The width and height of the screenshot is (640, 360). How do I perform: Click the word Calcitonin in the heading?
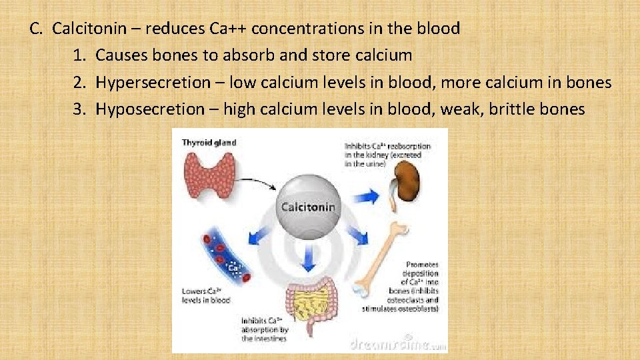tap(86, 29)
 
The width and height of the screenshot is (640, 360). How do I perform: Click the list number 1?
tap(79, 55)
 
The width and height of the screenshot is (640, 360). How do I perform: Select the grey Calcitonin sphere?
tap(308, 207)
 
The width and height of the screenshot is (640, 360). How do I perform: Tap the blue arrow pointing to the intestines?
tap(307, 261)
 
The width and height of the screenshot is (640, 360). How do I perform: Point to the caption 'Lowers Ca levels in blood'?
tap(206, 295)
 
